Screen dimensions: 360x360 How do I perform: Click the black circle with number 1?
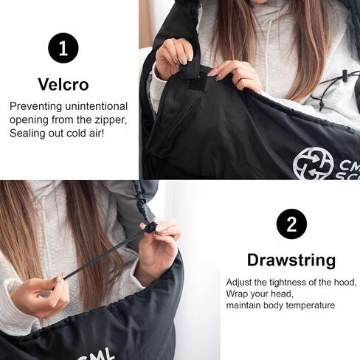pos(63,48)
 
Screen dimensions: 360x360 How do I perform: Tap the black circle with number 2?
pos(291,224)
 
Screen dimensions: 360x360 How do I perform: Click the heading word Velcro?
pos(63,84)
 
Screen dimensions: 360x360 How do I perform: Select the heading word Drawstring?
pos(291,260)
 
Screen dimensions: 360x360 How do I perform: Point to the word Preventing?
pos(35,107)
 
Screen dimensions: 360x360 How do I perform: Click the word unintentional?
pos(97,106)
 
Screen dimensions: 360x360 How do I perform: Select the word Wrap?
pos(236,294)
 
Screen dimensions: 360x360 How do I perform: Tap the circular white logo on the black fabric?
pos(313,164)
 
